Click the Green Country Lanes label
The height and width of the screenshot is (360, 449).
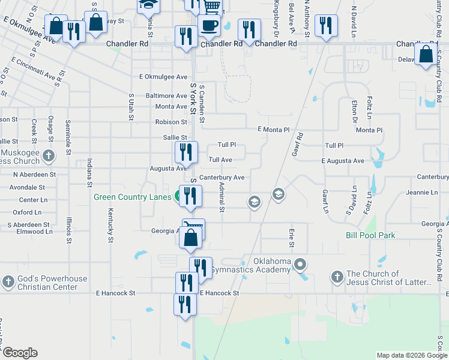[132, 196]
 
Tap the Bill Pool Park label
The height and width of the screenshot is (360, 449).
[370, 235]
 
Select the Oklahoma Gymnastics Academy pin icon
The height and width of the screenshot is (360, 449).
[301, 264]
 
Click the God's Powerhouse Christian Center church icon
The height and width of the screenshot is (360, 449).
[8, 281]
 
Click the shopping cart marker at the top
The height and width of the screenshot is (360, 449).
[211, 6]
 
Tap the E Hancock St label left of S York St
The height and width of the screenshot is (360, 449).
[115, 293]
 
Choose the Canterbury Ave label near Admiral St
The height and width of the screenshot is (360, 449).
[221, 178]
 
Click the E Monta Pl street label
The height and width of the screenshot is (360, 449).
[273, 130]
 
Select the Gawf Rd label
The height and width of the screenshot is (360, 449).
[297, 145]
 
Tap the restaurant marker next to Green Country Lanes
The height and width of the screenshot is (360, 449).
[191, 196]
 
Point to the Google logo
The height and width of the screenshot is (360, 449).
[20, 353]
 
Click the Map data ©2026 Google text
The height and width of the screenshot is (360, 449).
[411, 355]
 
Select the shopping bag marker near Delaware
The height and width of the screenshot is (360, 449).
[426, 55]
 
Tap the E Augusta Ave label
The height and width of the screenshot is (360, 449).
[342, 161]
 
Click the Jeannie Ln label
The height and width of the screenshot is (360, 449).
[422, 193]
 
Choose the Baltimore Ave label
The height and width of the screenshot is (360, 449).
[166, 95]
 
